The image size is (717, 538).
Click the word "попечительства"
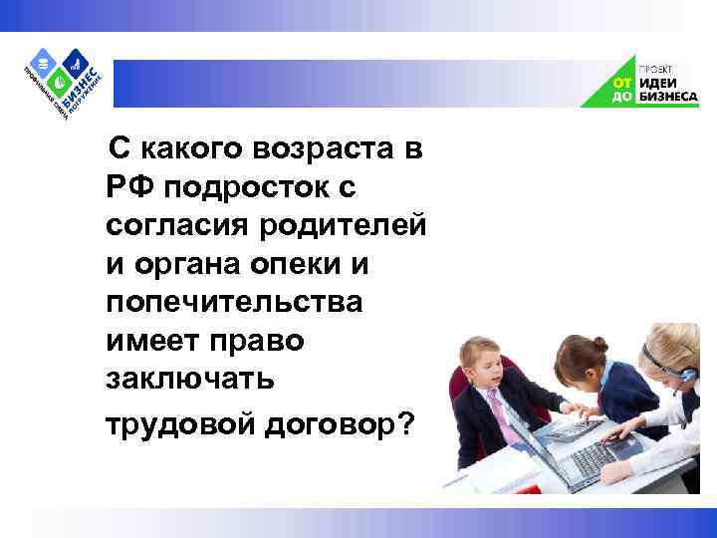[234, 302]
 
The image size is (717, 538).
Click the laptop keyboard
[588, 457]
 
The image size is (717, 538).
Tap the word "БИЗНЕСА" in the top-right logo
[666, 98]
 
